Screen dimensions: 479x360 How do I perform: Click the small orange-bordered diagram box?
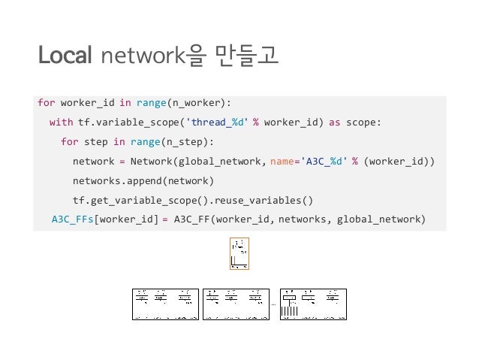tap(239, 254)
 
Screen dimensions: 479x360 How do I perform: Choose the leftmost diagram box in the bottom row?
tap(165, 304)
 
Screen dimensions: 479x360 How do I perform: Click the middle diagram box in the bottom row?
tap(235, 304)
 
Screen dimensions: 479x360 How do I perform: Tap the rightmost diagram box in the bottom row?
tap(313, 304)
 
